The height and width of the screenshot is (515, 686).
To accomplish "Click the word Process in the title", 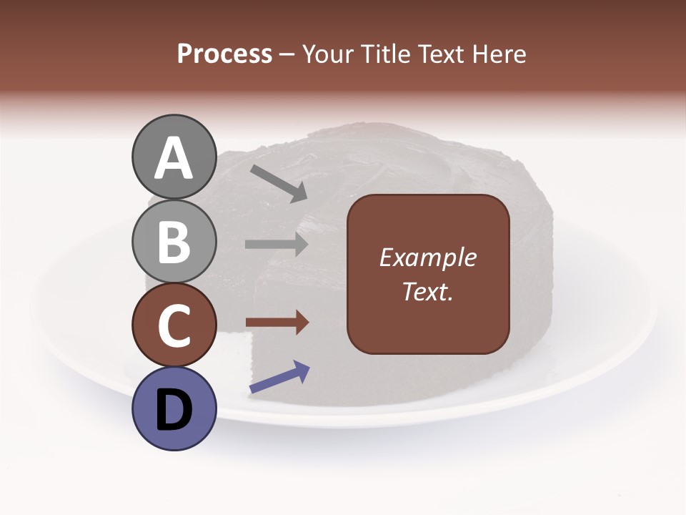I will (x=224, y=54).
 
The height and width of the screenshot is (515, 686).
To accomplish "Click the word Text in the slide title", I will (x=440, y=54).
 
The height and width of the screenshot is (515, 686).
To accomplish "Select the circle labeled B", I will (x=174, y=241).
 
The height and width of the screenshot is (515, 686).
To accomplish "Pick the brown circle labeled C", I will (x=174, y=325).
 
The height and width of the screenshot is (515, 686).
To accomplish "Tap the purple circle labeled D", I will (x=174, y=408).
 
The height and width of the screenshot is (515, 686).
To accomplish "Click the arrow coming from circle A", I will (x=278, y=183).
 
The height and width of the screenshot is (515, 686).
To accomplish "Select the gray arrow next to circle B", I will (x=277, y=244).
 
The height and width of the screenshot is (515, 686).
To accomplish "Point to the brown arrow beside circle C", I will (x=277, y=323).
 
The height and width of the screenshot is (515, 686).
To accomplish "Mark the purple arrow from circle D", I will (x=279, y=377).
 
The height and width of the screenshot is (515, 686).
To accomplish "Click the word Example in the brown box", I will (x=428, y=257).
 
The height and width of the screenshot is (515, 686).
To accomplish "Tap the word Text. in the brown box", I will (x=428, y=291).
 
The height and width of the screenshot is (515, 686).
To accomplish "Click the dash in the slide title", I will (x=287, y=54).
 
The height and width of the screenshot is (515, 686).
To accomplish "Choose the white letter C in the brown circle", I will (x=174, y=326).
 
